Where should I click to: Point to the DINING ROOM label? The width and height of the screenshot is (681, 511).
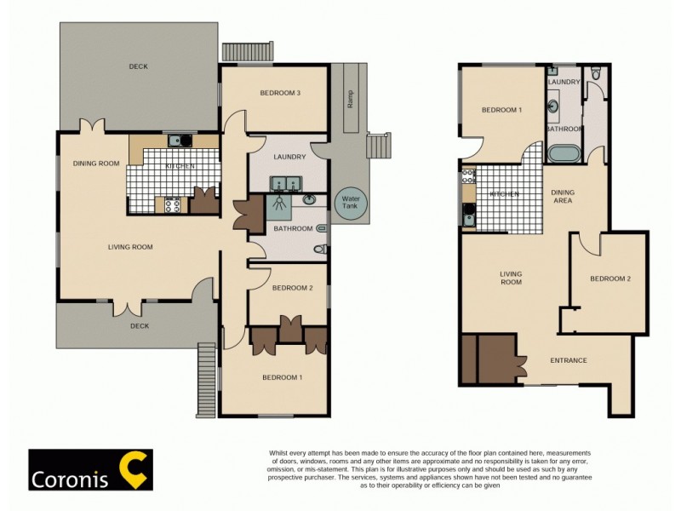(x=95, y=164)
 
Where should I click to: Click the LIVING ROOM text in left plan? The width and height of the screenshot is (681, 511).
(x=129, y=247)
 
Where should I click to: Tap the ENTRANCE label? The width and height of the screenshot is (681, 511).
(x=569, y=360)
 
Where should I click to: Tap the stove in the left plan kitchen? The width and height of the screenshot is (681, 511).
(x=173, y=204)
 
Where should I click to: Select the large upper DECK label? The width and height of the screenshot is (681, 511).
(x=138, y=66)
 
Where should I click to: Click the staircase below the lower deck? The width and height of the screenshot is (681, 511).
(x=206, y=380)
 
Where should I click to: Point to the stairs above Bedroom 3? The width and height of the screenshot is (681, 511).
(x=246, y=51)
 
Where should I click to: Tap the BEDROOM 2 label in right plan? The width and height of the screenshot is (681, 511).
(x=610, y=278)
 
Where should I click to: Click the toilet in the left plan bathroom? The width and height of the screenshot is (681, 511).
(x=319, y=250)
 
